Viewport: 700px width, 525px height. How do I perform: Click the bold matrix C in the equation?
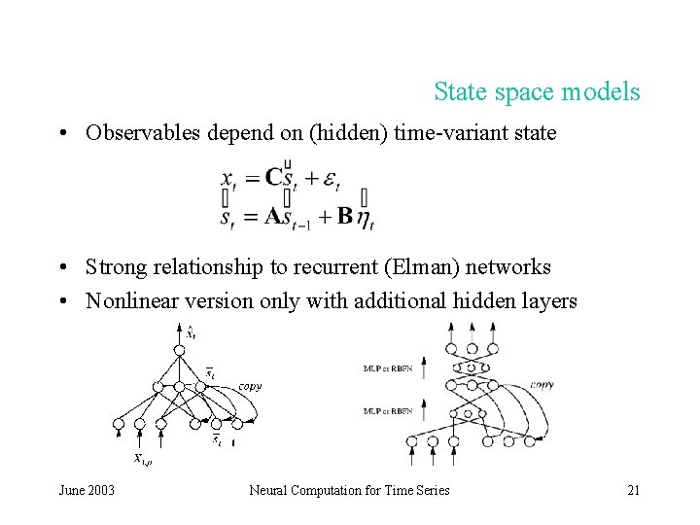276,178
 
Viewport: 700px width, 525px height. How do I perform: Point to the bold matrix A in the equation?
277,216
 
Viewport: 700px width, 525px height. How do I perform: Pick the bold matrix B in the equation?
344,216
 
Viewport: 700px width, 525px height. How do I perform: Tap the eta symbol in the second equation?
365,219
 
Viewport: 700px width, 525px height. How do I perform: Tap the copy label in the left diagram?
250,386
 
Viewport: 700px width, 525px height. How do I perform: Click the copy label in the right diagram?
542,385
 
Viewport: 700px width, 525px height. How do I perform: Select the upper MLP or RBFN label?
384,368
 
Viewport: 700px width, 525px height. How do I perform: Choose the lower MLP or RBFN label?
384,409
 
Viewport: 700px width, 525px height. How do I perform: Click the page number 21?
633,490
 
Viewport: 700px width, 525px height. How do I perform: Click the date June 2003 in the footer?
87,490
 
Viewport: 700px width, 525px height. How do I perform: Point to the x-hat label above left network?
191,332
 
